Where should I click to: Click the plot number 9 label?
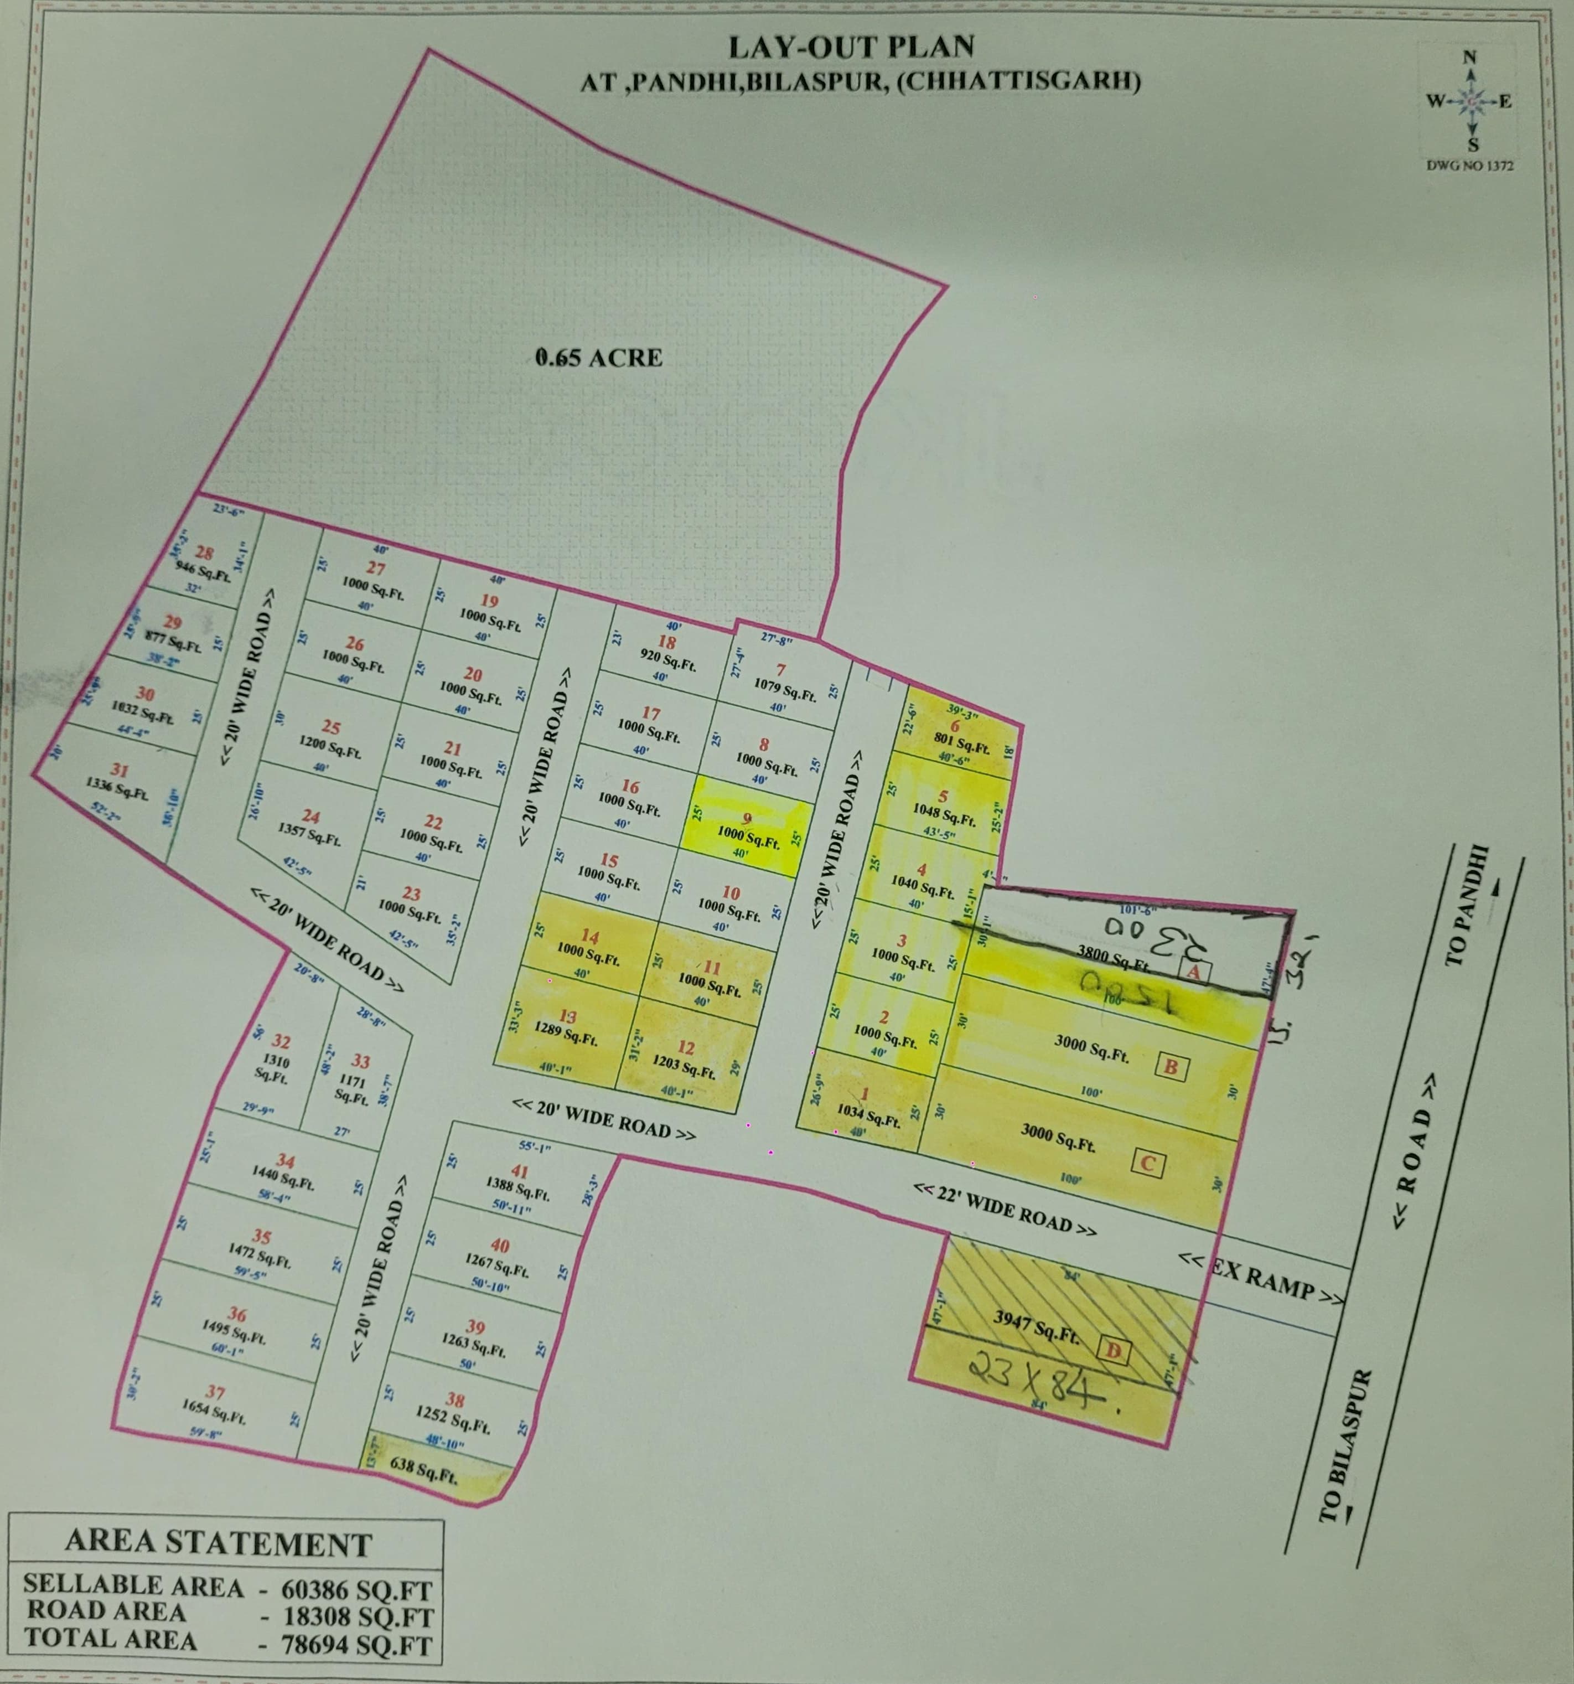point(746,818)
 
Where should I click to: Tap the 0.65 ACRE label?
point(599,358)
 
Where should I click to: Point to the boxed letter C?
point(1148,1163)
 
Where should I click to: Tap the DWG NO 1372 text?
point(1470,166)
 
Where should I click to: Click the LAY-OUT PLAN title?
point(851,47)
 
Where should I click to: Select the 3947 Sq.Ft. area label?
point(1037,1326)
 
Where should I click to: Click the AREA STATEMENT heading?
point(219,1543)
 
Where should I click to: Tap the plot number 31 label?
point(120,770)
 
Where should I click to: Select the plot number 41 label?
point(519,1172)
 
